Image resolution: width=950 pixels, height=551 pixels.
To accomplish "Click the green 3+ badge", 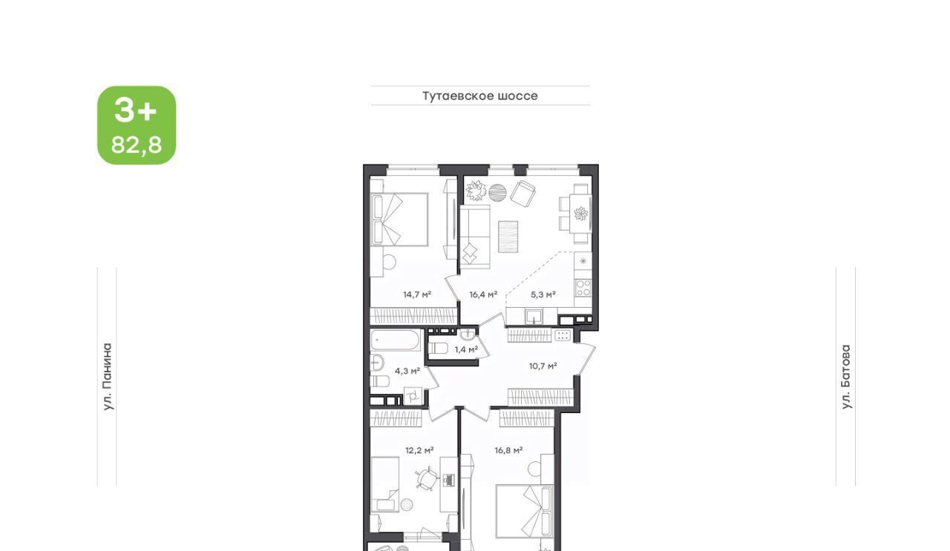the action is click(137, 125).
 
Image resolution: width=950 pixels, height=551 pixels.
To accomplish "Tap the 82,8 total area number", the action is click(137, 145).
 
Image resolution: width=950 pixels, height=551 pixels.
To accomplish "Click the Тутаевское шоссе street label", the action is click(480, 96).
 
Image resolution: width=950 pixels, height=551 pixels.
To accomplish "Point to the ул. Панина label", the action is click(108, 377).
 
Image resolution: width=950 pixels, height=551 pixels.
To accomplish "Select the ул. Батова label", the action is click(846, 377).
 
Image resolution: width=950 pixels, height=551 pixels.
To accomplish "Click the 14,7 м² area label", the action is click(417, 294).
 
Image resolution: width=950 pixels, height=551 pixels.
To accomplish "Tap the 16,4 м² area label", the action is click(483, 294).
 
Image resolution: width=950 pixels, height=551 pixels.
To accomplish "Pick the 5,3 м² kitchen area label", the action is click(543, 294).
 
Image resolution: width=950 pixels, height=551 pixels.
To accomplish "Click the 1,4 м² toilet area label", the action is click(467, 350).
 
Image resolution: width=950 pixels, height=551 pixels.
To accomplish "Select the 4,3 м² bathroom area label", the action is click(407, 372).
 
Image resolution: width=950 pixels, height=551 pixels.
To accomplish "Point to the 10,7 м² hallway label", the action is click(543, 366).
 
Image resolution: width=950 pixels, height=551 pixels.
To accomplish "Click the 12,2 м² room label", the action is click(419, 450).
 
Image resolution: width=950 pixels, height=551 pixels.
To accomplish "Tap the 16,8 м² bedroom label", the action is click(508, 450).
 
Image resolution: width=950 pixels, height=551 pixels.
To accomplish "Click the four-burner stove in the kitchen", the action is click(583, 287).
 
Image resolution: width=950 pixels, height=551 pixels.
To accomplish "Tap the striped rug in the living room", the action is click(508, 237).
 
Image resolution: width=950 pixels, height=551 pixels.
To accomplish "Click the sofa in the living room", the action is click(475, 237).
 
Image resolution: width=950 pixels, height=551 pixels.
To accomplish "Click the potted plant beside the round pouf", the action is click(476, 191).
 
